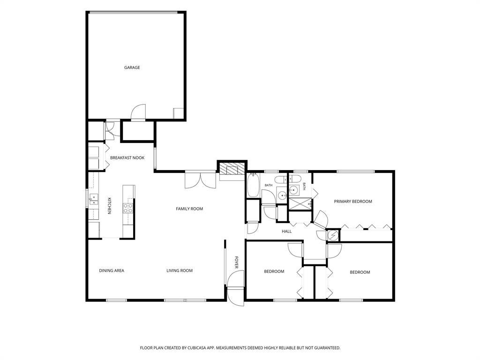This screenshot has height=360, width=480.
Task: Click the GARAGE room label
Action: coord(132,67)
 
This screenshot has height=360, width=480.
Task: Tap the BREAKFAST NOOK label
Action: coord(127,157)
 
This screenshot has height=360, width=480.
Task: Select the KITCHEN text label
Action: coord(109,206)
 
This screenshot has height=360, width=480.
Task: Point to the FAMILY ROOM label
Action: coord(189,209)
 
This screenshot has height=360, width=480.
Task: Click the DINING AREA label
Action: coord(112,270)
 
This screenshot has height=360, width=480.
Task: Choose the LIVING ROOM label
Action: coord(180,270)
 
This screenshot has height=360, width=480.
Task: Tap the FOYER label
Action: coord(236,262)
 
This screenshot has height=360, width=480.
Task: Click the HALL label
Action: coord(286,232)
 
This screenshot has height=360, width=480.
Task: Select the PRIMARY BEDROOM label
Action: coord(353,202)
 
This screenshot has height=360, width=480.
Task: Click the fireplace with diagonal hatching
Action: coord(232,168)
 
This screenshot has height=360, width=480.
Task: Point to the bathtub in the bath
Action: coord(253,185)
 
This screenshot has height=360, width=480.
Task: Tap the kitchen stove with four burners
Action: coord(128,208)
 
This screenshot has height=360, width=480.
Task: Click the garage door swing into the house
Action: coord(138,112)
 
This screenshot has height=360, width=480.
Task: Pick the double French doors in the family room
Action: coord(200,180)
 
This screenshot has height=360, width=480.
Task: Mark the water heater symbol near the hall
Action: coord(333,235)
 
